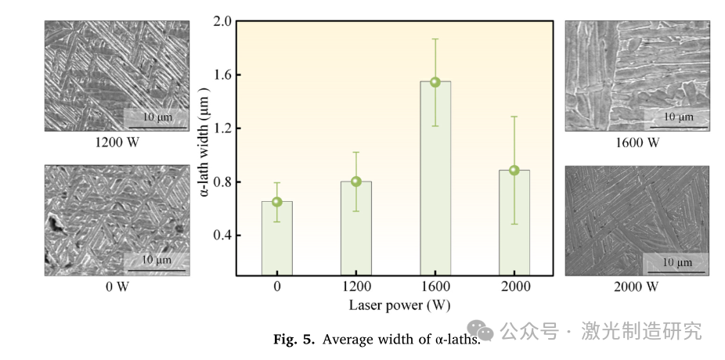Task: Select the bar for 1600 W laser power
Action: coord(435,180)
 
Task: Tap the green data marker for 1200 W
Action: coord(355,182)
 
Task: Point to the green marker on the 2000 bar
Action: coord(514,170)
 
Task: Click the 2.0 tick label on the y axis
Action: coord(223,21)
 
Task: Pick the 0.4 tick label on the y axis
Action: coord(223,236)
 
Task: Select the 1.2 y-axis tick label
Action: coord(223,128)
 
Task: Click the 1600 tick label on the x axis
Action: coord(435,287)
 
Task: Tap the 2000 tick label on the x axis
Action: coord(514,287)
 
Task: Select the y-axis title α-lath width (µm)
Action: coord(205,148)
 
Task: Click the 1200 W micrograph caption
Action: coord(117,143)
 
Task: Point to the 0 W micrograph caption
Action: coord(117,287)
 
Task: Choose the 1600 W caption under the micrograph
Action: coord(637,143)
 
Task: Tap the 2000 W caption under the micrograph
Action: coord(637,287)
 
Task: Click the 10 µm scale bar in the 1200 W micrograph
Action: coord(157,118)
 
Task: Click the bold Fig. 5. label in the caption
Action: coord(294,340)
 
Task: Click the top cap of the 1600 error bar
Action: coord(435,39)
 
